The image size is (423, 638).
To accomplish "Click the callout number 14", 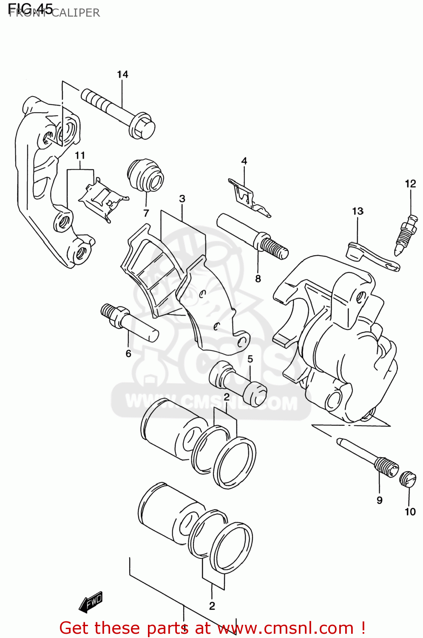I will (x=122, y=74).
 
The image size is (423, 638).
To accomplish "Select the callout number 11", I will (x=80, y=156).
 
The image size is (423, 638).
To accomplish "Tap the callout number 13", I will (x=358, y=211).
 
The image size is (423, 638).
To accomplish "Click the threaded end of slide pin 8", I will (x=275, y=248).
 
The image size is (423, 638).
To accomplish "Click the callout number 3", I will (x=182, y=199).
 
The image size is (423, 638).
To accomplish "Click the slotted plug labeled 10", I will (x=407, y=479).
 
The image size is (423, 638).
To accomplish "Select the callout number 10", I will (x=410, y=511).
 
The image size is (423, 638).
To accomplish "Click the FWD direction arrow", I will (x=91, y=602).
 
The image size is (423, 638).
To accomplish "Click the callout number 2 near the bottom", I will (x=212, y=606).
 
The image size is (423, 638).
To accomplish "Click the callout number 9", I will (x=379, y=500).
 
